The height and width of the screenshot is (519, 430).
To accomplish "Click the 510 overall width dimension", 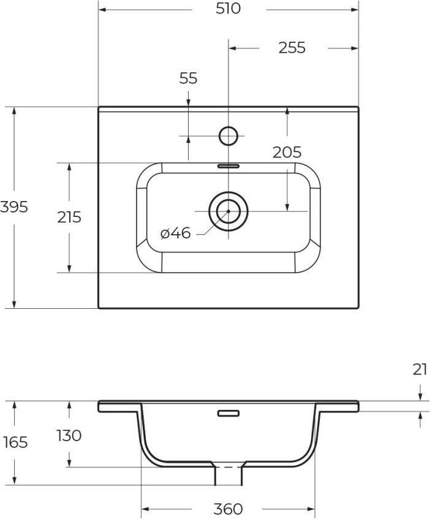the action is tap(228, 9).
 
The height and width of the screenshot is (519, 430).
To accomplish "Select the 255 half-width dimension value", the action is tap(292, 48).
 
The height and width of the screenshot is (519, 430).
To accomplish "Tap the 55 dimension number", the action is tap(188, 78).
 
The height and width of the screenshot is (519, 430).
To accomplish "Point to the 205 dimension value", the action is tap(287, 152).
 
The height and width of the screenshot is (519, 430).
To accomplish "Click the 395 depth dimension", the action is tap(14, 207).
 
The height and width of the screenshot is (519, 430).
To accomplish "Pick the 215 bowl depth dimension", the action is tap(69, 217).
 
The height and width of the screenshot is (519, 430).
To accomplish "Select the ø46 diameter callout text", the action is tap(175, 233).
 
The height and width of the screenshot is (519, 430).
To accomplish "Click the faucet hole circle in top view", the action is tap(228, 135).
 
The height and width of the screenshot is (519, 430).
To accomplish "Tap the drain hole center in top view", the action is tap(228, 211).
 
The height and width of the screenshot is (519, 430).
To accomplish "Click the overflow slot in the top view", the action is tap(228, 165).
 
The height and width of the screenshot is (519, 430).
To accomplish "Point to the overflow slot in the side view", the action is tap(228, 413).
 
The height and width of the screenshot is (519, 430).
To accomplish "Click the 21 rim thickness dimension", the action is tap(420, 369).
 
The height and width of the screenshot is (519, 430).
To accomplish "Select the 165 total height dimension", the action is tap(15, 442).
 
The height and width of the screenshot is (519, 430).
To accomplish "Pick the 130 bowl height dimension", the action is tap(69, 436).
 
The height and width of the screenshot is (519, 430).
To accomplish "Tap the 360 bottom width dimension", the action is tap(228, 509).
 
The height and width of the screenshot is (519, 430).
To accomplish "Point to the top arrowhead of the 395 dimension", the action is tap(14, 110).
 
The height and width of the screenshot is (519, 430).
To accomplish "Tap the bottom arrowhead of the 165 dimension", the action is tap(15, 481).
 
